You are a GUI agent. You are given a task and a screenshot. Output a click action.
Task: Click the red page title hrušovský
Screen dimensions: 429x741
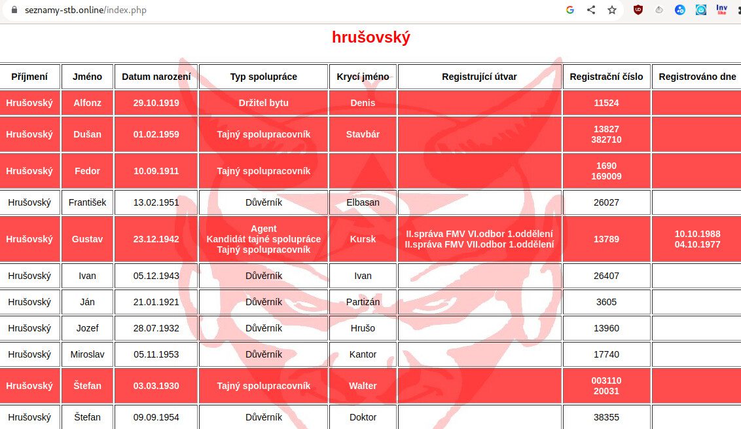click(370, 37)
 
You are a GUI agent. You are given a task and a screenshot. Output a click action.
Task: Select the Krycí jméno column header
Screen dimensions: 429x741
click(363, 77)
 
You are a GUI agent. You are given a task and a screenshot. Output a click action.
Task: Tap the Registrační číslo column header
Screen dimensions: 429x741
click(606, 77)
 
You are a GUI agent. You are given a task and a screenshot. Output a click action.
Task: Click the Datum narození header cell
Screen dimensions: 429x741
click(156, 77)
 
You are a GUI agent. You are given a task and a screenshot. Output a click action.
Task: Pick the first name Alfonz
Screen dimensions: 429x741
click(87, 103)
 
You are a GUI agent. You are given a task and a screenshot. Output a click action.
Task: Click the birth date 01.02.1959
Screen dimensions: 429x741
click(156, 134)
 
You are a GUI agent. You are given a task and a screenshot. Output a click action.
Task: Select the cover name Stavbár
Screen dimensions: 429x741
click(363, 134)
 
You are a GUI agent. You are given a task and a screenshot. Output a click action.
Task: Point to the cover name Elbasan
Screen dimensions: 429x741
click(363, 202)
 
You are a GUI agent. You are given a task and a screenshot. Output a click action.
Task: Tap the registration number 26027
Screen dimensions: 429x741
click(606, 202)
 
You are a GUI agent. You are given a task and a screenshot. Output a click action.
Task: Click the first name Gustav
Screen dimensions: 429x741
click(87, 239)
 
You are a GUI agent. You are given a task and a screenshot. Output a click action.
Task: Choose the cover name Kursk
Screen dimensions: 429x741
click(363, 239)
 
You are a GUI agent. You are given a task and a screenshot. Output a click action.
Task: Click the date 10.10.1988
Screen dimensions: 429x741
click(697, 234)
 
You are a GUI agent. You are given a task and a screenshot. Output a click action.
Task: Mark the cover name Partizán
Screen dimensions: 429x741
click(363, 302)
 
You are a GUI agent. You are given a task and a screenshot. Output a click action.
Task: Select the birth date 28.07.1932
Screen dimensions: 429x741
click(156, 328)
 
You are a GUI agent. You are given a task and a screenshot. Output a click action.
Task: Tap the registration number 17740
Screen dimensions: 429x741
click(606, 354)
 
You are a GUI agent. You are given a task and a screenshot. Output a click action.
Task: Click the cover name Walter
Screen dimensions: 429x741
click(363, 386)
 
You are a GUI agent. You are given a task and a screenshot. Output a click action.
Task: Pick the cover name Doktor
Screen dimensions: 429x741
click(363, 417)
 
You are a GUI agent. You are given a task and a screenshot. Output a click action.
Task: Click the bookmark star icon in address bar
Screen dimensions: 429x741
click(612, 10)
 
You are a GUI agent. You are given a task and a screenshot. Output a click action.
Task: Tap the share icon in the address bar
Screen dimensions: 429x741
click(591, 10)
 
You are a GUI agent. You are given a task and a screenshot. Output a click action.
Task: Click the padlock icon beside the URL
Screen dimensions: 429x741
click(14, 10)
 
